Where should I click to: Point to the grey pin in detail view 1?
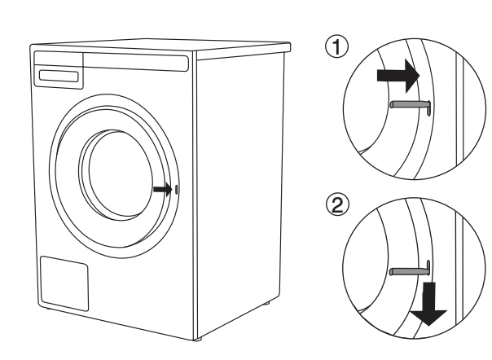(407, 103)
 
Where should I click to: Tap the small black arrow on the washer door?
(162, 189)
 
